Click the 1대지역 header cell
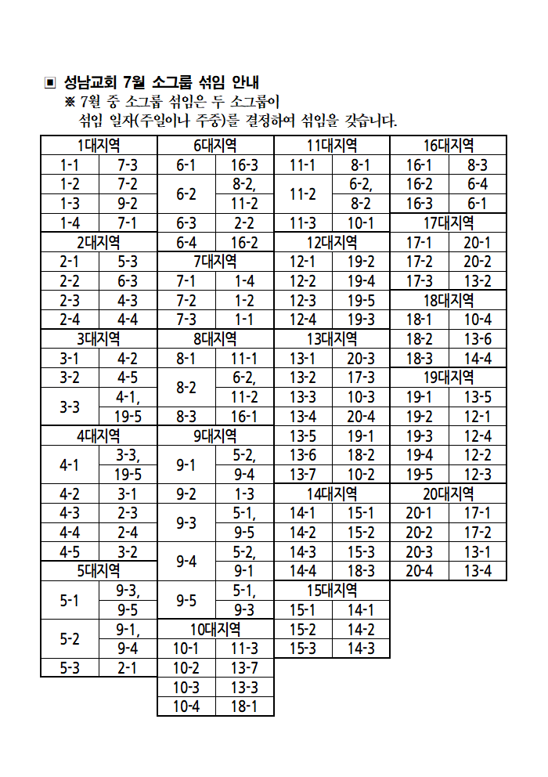click(x=99, y=146)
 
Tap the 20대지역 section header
click(x=449, y=493)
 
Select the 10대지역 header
click(x=215, y=629)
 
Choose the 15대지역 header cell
click(x=332, y=590)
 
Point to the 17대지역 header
click(x=449, y=222)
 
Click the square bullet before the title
click(x=50, y=82)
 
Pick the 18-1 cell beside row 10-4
click(x=244, y=707)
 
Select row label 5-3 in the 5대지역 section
click(x=70, y=667)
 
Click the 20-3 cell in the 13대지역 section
click(x=361, y=358)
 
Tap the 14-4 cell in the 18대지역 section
click(x=478, y=358)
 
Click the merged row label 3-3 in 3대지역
click(x=70, y=407)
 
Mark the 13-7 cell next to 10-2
click(x=244, y=667)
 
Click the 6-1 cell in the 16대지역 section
click(x=478, y=203)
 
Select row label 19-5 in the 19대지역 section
click(x=420, y=474)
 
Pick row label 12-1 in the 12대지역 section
click(x=303, y=261)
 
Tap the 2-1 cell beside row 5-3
click(x=128, y=667)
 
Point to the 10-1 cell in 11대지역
click(x=361, y=222)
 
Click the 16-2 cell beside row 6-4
click(x=244, y=242)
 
